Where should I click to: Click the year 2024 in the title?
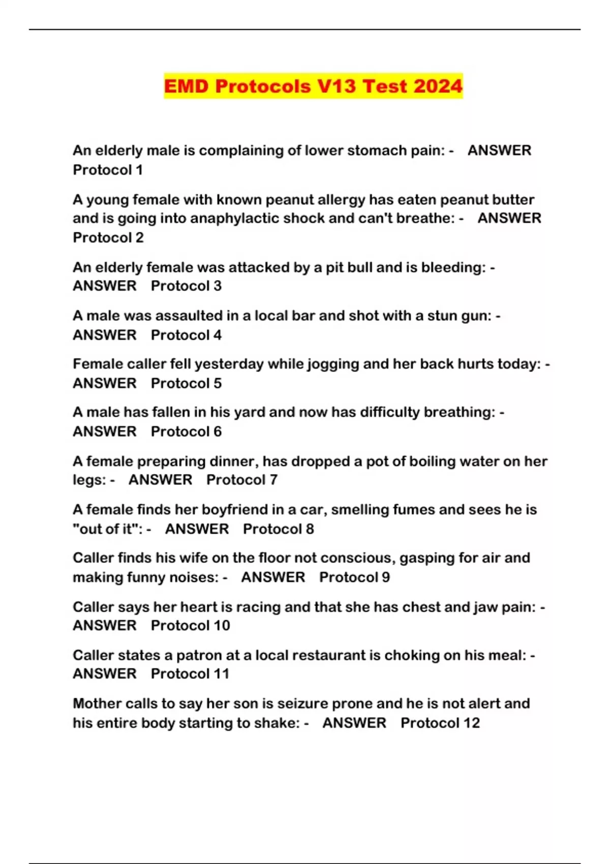(x=438, y=86)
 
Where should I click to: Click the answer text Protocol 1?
(x=108, y=170)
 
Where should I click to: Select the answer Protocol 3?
(x=186, y=286)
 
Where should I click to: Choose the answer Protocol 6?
(x=186, y=431)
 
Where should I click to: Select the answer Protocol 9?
(x=354, y=577)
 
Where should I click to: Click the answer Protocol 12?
(x=440, y=723)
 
